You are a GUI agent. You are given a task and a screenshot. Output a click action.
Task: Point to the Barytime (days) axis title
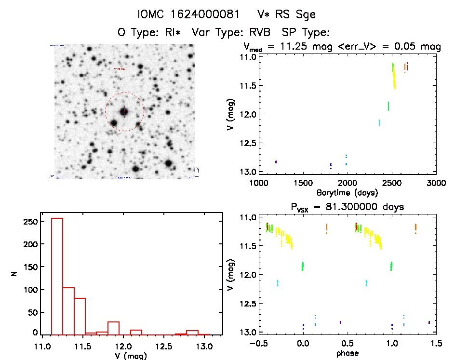coord(347,192)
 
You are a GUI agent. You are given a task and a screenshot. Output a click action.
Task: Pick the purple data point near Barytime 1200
coord(276,162)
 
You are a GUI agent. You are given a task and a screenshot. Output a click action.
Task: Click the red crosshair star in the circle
coord(124,112)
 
